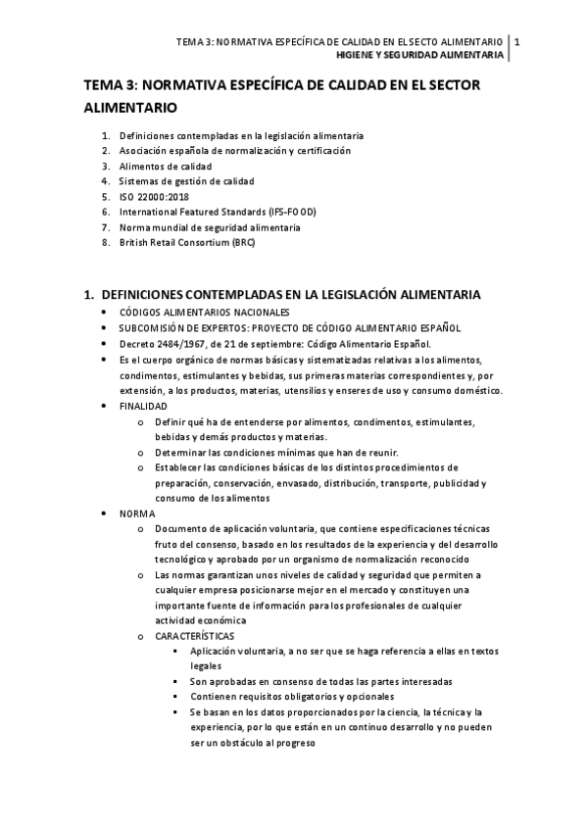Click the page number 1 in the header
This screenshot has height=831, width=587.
pos(517,42)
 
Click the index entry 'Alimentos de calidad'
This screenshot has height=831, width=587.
pos(165,166)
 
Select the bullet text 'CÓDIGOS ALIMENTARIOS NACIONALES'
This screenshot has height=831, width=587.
pos(201,313)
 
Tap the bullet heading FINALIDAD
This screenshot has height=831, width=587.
pos(143,406)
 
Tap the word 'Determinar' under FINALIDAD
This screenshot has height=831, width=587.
pos(178,452)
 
